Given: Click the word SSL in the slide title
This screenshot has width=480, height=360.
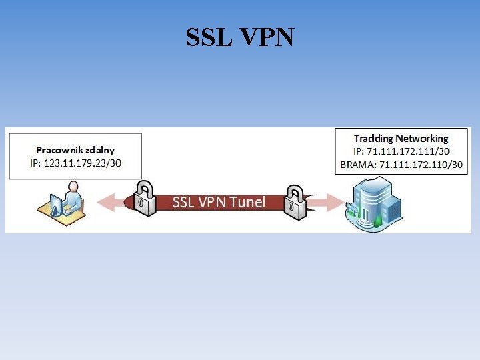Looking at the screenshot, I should click(x=208, y=37).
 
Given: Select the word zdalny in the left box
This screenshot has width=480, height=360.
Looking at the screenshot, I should click(x=99, y=150).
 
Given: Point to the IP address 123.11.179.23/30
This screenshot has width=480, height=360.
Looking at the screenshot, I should click(x=83, y=163).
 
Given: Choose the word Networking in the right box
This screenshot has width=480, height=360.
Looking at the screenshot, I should click(x=422, y=139).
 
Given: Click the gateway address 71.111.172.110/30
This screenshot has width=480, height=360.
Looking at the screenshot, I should click(x=421, y=164).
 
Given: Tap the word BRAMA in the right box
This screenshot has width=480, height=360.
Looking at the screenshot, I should click(x=357, y=164).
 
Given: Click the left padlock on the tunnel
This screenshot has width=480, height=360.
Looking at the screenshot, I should click(x=143, y=198).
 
